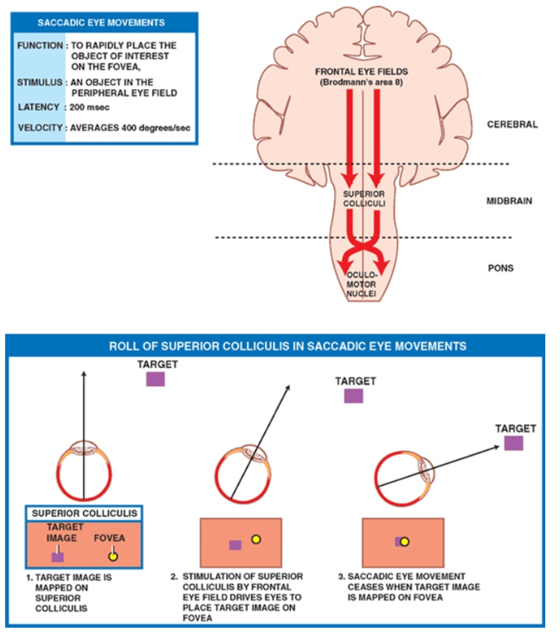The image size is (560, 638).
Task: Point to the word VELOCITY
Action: point(37,127)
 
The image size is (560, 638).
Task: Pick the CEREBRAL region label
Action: point(512,125)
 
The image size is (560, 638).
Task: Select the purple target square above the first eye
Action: point(155,379)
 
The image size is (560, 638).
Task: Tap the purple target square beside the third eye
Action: point(513,443)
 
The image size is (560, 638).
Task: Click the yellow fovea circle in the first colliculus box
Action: point(113,555)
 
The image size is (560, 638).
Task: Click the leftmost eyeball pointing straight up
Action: point(83,469)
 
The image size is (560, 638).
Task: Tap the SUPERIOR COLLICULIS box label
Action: point(85,513)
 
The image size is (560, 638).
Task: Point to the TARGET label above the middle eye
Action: point(356,381)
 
